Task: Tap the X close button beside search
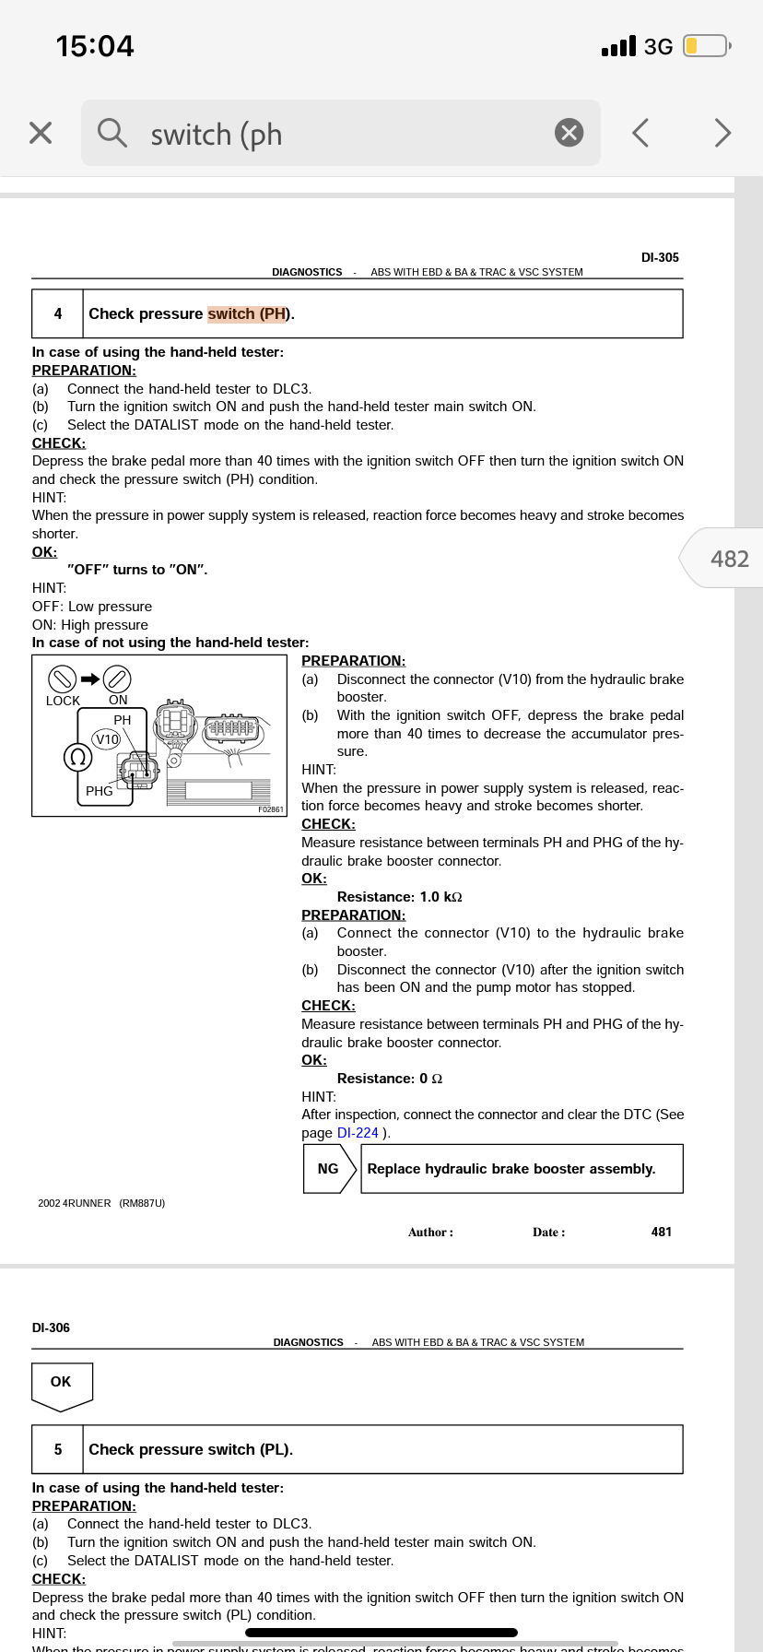coord(41,133)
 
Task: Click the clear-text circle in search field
coord(569,133)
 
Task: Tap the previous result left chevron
coord(640,133)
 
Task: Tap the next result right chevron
coord(722,133)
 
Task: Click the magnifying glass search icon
coord(112,133)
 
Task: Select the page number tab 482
coord(728,559)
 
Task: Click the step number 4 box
coord(58,313)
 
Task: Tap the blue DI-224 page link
coord(358,1133)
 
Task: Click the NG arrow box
coord(329,1169)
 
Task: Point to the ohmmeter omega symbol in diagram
coord(78,758)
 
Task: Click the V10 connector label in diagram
coord(107,739)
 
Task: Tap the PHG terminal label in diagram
coord(99,791)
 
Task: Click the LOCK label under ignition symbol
coord(63,701)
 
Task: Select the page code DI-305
coord(660,257)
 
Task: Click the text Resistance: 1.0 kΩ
coord(399,897)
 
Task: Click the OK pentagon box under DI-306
coord(61,1383)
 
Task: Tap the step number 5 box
coord(58,1449)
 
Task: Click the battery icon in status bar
coord(706,46)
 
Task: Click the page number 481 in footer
coord(661,1232)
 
